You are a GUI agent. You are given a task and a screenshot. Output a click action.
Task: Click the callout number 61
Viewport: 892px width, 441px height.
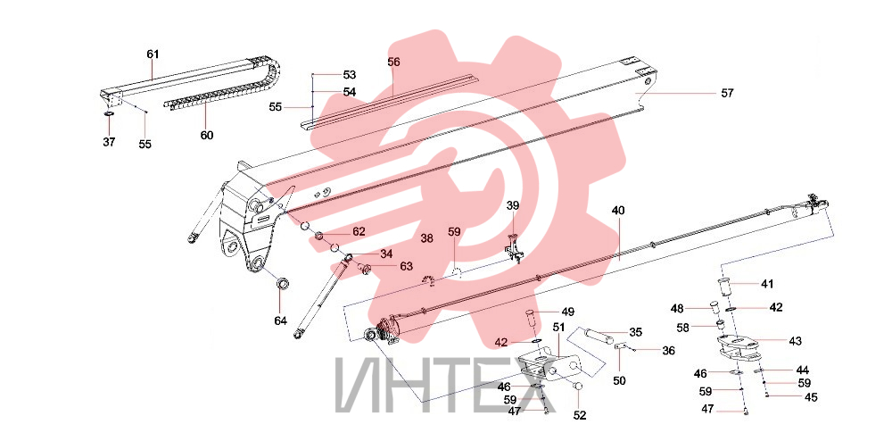153,54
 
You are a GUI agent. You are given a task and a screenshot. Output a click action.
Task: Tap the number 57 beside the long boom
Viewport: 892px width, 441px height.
727,93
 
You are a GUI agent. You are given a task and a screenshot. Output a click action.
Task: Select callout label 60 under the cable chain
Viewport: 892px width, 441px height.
207,136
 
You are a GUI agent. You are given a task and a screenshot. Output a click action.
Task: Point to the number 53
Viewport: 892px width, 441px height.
350,75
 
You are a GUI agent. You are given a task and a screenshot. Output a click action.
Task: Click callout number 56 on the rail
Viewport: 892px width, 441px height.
393,62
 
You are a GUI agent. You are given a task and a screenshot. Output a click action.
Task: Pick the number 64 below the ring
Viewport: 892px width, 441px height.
280,321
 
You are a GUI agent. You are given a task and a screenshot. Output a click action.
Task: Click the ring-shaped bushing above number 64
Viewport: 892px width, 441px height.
282,283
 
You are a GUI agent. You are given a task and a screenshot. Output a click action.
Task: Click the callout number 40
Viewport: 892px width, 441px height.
618,211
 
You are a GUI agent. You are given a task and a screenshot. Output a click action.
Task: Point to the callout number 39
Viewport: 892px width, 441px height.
513,205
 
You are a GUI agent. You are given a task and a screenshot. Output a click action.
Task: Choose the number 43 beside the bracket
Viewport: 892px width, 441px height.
795,341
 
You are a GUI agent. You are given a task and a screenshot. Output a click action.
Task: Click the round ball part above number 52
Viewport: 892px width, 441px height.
579,387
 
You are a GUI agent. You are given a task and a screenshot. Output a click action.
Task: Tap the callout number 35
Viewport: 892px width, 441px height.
635,332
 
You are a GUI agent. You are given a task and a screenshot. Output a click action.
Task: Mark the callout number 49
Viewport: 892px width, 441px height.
567,312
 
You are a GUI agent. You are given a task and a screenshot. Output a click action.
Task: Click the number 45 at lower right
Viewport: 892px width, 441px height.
810,398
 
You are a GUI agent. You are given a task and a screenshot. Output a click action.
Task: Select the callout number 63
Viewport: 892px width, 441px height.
406,266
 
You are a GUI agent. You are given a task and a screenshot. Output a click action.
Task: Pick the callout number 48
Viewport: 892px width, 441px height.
677,309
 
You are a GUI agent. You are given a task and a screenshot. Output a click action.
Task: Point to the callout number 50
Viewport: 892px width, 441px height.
620,380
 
